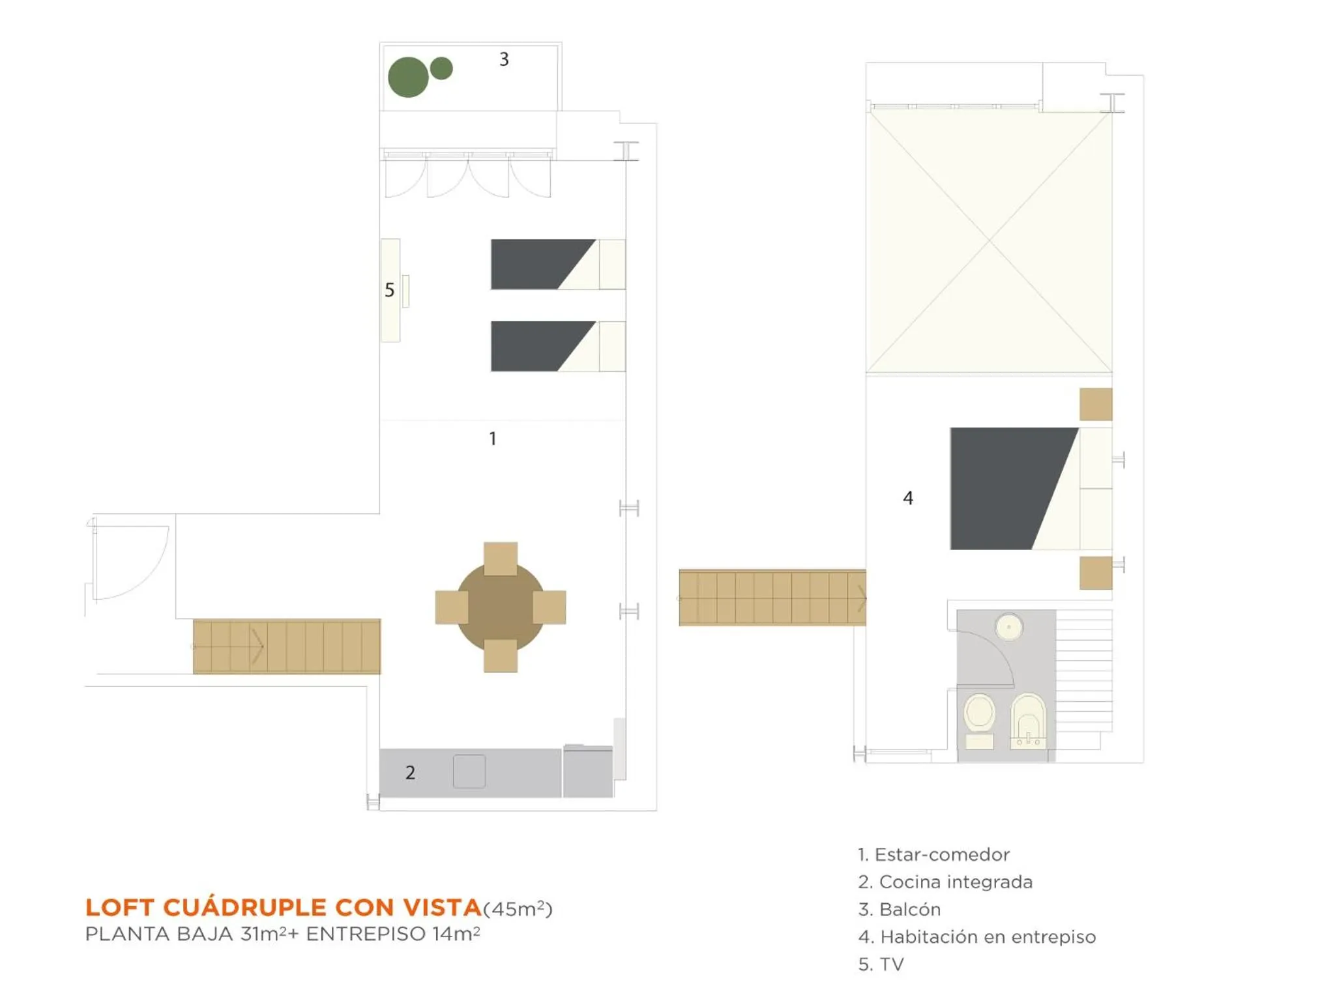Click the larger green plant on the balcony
pos(408,77)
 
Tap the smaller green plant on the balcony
pos(441,68)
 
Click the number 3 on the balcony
pos(504,59)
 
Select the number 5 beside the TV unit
pos(389,290)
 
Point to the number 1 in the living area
pos(493,439)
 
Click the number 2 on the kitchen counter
pos(410,772)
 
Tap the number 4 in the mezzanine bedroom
pos(908,498)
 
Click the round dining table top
pos(500,607)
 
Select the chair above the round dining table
pos(501,557)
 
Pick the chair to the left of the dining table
pos(451,607)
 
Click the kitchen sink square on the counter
pos(469,771)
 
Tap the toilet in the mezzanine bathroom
pos(979,717)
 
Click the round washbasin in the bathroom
pos(1009,627)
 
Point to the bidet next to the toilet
pos(1028,719)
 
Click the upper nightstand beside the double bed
pos(1095,404)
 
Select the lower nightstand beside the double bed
pos(1095,573)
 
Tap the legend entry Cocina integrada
pos(945,882)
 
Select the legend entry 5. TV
pos(881,964)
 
